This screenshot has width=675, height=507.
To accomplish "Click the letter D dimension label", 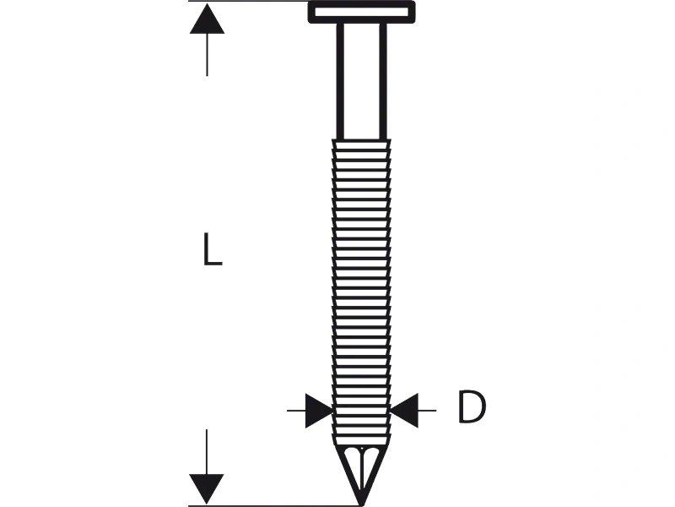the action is tap(472, 406).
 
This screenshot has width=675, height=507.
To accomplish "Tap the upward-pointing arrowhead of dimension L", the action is tap(207, 19).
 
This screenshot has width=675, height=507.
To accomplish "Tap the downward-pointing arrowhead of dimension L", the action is tap(207, 488).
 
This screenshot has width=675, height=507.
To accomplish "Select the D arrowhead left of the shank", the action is tap(319, 411).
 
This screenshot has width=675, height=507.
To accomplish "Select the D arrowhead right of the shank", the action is tap(404, 411).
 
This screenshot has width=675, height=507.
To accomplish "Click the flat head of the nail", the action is tap(362, 12).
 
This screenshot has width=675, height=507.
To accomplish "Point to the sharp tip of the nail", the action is tap(362, 504).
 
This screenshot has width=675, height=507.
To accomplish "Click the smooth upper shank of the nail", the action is tap(362, 81).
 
